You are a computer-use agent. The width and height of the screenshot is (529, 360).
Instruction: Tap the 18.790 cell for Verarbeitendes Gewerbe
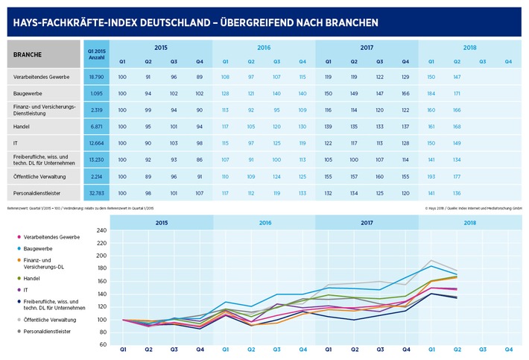click(x=94, y=77)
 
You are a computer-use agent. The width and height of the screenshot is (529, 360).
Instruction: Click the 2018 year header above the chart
click(x=469, y=222)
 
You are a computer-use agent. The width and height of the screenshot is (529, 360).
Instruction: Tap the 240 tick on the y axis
click(x=102, y=232)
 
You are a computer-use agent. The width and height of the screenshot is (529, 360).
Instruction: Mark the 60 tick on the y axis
click(x=104, y=345)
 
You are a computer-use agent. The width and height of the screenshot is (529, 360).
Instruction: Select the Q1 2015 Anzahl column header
click(x=94, y=54)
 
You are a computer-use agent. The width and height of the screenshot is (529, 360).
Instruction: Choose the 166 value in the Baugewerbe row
click(x=405, y=93)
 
